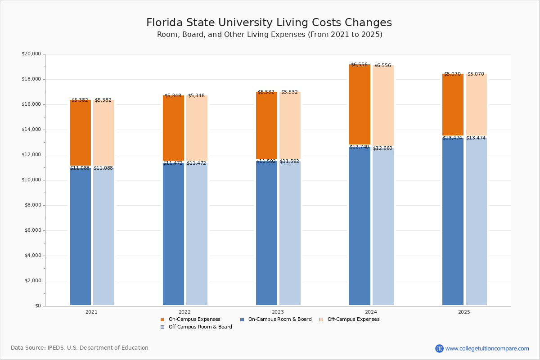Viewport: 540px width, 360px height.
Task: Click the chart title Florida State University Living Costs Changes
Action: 269,23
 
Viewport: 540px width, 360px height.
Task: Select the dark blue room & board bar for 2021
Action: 80,236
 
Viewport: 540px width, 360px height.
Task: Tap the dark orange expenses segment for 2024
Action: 360,104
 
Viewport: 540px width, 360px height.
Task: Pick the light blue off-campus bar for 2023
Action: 290,233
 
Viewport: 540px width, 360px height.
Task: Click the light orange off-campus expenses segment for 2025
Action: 476,104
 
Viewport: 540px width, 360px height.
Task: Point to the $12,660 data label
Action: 382,148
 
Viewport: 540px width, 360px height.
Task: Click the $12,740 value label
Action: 359,147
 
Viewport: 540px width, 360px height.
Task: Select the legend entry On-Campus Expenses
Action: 194,319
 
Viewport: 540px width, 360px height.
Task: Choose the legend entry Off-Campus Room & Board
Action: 200,327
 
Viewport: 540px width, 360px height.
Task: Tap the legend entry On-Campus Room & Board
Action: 279,319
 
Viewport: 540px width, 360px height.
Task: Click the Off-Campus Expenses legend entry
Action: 353,319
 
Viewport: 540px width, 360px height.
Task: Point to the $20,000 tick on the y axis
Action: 31,54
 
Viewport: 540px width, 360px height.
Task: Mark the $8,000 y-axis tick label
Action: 32,205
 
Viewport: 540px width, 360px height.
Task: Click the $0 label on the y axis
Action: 37,306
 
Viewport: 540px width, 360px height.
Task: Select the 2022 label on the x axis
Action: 184,312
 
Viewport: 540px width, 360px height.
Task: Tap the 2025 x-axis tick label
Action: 464,312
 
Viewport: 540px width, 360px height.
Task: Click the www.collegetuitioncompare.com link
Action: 487,348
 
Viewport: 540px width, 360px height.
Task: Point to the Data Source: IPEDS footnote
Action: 80,348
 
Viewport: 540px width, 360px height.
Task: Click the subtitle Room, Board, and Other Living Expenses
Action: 270,35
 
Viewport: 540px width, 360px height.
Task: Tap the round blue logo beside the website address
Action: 439,348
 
